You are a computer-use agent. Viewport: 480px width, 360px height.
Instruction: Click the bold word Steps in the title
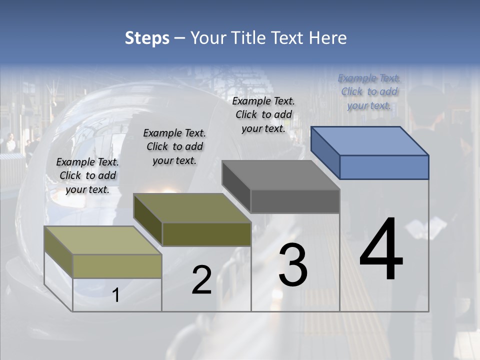147,38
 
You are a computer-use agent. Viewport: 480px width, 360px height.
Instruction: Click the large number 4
381,250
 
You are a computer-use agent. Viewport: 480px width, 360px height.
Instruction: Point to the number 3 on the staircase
292,265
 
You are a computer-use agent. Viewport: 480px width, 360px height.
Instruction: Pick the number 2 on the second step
201,280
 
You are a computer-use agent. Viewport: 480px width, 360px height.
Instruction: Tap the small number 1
116,295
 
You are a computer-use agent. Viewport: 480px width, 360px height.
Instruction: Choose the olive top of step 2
192,208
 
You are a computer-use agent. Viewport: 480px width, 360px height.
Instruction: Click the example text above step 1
87,175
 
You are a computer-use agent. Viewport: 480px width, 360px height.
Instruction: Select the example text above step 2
174,146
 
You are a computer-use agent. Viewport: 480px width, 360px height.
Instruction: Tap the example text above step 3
263,114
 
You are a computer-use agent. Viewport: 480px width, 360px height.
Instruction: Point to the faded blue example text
369,91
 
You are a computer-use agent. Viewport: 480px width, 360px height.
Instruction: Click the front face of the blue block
384,167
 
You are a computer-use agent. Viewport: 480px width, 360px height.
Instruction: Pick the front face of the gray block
295,201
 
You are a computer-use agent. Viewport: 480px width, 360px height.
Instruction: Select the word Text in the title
289,38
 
